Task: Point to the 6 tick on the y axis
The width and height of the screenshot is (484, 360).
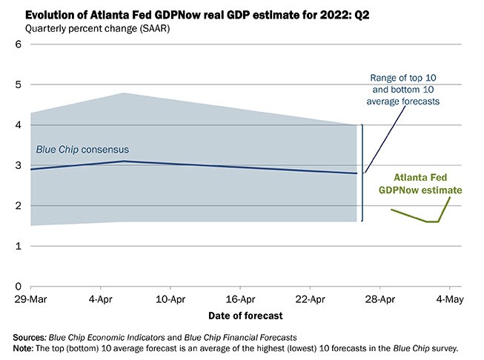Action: pos(18,45)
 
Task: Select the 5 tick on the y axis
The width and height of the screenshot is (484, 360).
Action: pos(18,85)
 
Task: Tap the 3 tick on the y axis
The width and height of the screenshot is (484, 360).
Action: pos(18,165)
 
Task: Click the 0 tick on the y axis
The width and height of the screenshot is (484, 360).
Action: pos(18,286)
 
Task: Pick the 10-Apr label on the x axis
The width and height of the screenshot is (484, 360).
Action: pos(170,299)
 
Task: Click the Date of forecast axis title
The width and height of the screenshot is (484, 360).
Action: pos(245,316)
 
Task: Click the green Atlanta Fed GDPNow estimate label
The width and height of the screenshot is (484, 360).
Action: pos(420,184)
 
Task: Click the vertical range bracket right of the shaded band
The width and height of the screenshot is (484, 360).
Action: pos(362,173)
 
